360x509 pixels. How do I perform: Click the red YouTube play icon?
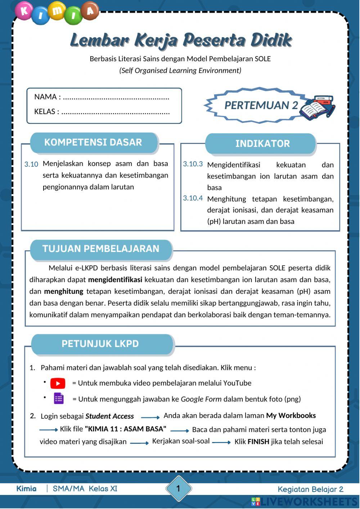pos(58,383)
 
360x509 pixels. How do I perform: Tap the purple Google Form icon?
pos(58,398)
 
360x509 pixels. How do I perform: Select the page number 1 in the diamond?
pos(178,488)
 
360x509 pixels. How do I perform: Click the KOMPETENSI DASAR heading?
pos(93,142)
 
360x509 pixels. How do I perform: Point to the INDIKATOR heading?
pos(262,144)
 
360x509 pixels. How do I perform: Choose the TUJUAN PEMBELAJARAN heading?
pos(101,249)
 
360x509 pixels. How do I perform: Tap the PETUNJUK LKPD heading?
pos(100,343)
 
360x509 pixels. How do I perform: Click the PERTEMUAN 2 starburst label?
pos(261,105)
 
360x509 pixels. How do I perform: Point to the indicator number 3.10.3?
pos(193,164)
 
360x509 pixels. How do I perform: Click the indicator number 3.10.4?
pos(193,198)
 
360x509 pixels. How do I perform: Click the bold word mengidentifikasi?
pos(115,280)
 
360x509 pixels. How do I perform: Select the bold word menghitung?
pos(64,291)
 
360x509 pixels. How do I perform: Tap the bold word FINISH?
pos(258,442)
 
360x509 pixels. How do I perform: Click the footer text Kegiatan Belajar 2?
pos(310,489)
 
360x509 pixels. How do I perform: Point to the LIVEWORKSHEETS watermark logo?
pos(304,502)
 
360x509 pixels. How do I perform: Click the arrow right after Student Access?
pos(150,418)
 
